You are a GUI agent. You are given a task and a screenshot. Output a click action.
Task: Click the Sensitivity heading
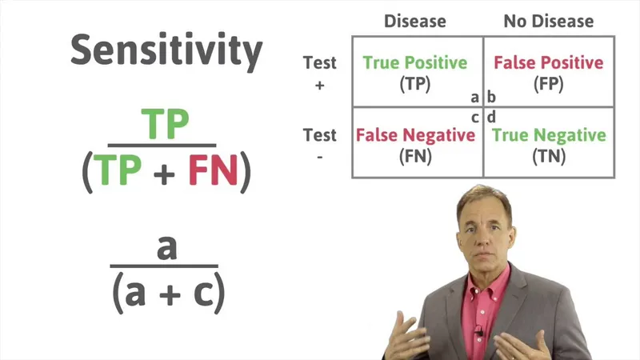[166, 50]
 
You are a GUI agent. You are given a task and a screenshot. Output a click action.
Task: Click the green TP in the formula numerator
[166, 125]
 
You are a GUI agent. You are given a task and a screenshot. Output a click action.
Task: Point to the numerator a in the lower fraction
[166, 247]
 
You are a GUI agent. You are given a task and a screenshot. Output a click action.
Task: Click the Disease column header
[416, 21]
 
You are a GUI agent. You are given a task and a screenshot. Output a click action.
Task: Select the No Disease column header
[548, 21]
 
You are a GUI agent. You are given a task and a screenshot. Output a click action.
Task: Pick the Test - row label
[319, 145]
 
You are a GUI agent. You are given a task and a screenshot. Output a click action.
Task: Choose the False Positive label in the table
[549, 62]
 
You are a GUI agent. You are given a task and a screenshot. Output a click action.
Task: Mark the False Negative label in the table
[415, 135]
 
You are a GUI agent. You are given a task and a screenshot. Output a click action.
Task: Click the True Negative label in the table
[549, 135]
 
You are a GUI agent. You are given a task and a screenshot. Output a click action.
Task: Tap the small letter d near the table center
[492, 117]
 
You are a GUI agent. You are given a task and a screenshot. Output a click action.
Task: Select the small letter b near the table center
[492, 98]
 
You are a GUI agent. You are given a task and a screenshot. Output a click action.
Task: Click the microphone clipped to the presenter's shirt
[478, 329]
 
